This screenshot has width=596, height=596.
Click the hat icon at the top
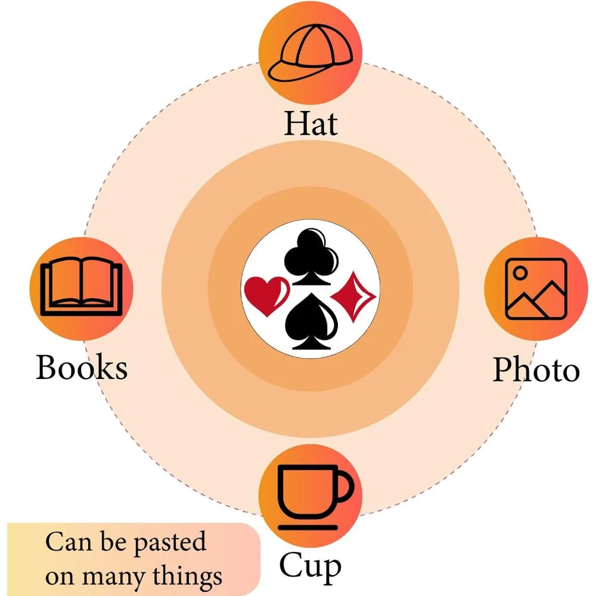[310, 53]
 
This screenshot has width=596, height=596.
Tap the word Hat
[311, 123]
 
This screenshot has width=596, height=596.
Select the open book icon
[81, 287]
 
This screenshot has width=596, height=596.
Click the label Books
[81, 367]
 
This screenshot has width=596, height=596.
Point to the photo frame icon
[536, 289]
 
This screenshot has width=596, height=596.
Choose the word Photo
[536, 370]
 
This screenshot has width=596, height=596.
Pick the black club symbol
[311, 257]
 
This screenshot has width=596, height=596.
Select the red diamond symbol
[353, 296]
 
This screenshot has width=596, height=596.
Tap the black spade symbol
[311, 322]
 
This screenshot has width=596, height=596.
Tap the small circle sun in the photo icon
[520, 272]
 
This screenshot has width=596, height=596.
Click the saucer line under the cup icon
[308, 527]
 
